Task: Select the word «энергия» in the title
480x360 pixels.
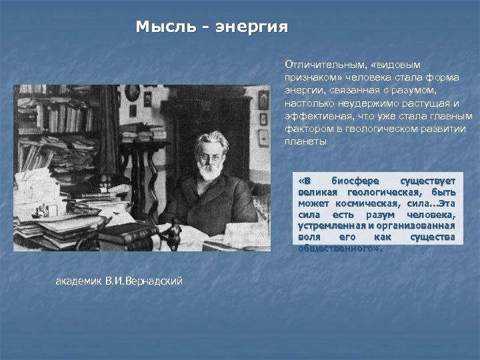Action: (252, 27)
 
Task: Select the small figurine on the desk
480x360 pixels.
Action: (175, 233)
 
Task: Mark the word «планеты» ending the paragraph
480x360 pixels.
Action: (306, 141)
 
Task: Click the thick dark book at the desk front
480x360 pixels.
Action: (127, 233)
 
